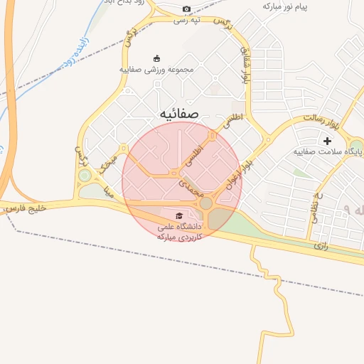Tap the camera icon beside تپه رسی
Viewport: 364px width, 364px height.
186,9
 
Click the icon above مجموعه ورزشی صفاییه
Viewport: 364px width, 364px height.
157,58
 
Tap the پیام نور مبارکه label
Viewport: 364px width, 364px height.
288,6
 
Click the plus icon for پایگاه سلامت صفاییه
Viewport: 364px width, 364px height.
327,141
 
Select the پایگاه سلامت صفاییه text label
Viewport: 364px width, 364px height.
327,152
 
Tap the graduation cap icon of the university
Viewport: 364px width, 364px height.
179,215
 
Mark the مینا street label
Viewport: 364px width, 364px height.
109,190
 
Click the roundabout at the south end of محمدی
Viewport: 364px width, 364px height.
206,204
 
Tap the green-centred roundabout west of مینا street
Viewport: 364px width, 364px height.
85,175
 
